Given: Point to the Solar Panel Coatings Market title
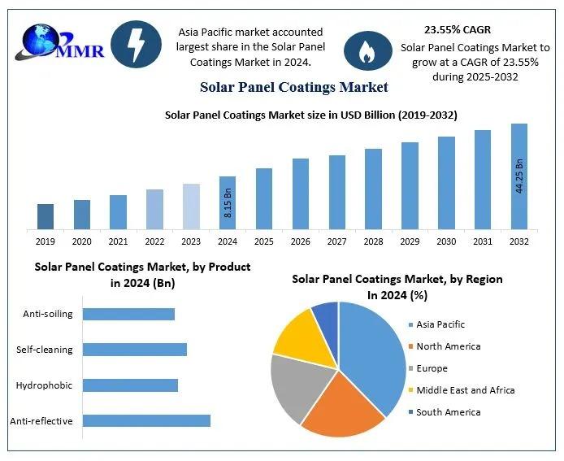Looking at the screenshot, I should (293, 87).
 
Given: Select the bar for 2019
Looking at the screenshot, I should (46, 216).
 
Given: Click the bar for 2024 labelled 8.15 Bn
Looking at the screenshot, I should (228, 202).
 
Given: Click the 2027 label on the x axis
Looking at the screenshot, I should (336, 241).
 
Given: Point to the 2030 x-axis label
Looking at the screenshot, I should (446, 241).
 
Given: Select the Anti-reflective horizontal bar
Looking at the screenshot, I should (146, 420).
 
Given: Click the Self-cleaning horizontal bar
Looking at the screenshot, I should (135, 350).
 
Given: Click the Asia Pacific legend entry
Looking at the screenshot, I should (439, 324).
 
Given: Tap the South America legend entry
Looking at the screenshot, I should (447, 412).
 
